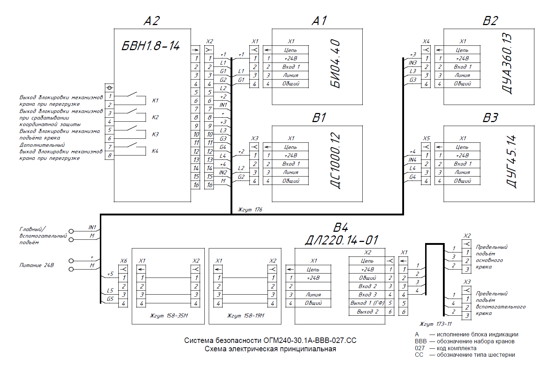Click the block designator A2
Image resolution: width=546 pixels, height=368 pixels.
pos(152,21)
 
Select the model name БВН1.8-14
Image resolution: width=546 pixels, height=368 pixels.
pos(151,46)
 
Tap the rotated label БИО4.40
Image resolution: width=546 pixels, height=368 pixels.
pos(335,64)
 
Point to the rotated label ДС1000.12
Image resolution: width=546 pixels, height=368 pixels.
pos(335,161)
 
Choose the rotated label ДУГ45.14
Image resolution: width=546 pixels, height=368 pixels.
pos(511,161)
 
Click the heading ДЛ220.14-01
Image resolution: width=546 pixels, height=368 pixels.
pos(342,240)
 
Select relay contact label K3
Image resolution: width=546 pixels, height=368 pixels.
pos(155,134)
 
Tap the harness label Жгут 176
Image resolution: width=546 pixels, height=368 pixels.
pos(250,210)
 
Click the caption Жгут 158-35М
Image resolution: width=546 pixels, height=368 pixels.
pos(169,316)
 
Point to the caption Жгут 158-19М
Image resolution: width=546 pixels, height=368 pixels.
pos(246,316)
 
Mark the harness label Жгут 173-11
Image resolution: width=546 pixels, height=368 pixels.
pos(436,324)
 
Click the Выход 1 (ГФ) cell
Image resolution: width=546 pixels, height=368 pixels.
pos(367,303)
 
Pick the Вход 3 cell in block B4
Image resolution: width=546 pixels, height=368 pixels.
pos(367,294)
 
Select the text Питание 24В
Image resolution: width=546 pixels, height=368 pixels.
pos(37,265)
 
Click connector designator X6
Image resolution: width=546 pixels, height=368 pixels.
pos(123,261)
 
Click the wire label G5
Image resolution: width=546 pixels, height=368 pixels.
pos(110,299)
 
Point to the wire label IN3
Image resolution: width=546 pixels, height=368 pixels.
pos(413,63)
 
